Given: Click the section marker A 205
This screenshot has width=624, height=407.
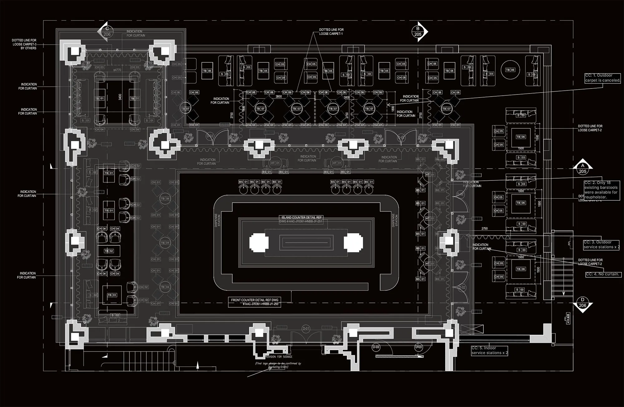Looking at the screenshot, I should coord(583,169).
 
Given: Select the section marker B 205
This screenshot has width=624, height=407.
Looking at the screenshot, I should coord(418,31).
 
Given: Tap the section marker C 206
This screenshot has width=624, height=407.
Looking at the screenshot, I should coord(107,31).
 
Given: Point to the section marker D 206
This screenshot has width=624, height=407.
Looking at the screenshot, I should coord(583,303).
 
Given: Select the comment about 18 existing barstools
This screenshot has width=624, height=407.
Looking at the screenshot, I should coord(601,190).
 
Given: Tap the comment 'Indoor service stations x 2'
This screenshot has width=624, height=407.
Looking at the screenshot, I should coord(489,351).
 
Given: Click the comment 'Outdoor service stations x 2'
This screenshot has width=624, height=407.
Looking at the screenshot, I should coord(601,245).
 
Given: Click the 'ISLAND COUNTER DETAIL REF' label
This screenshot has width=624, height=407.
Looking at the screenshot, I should coord(301,218).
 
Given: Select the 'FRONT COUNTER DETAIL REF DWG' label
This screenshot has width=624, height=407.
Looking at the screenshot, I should coord(254,300).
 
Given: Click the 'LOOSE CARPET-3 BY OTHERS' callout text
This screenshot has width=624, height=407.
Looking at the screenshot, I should coord(24,44).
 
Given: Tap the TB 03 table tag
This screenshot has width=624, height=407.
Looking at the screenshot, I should coord(112,295).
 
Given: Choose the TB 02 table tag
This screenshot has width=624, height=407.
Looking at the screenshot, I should coord(109,251).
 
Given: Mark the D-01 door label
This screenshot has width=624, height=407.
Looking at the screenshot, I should coord(306,328).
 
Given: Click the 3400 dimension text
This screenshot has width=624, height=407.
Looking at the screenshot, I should coord(120,97).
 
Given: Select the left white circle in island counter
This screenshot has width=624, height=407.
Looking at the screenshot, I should coord(259,242).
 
